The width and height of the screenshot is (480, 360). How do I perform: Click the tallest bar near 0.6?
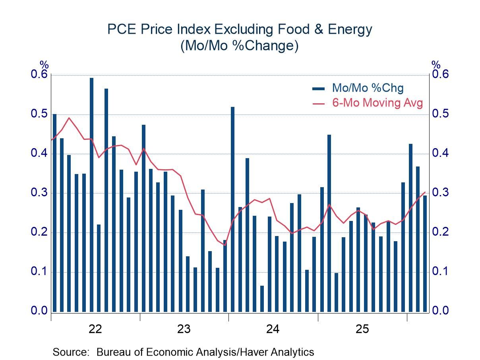coord(91,195)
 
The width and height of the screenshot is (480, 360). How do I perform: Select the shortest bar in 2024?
coord(262,298)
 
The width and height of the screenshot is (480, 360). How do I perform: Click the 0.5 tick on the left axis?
coord(39,114)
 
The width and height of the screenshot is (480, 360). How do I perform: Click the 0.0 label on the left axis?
coord(39,311)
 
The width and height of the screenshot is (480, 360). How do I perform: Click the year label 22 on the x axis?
coord(96,329)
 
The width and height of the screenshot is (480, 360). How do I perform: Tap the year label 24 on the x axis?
coord(273,329)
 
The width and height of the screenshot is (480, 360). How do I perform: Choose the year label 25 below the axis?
coord(362,329)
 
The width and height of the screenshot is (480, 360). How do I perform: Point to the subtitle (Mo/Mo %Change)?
coord(239,46)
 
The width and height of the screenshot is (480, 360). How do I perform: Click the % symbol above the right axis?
coord(436,65)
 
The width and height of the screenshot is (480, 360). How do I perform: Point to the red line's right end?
coord(425,192)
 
